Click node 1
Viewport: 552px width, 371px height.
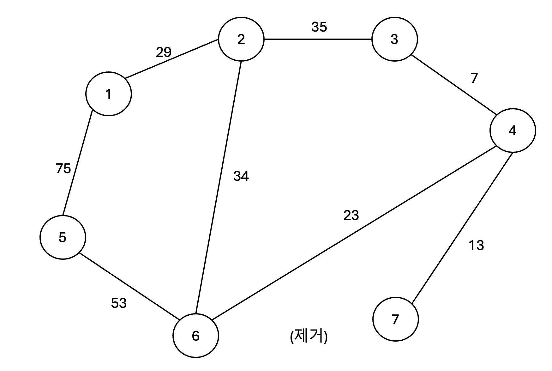[x=108, y=94]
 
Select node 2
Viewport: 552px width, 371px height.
[x=241, y=40]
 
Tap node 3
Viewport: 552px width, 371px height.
[x=394, y=40]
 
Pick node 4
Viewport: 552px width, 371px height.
[x=513, y=130]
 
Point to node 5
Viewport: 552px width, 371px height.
[x=63, y=237]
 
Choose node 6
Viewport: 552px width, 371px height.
[x=195, y=336]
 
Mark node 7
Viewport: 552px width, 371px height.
[x=395, y=319]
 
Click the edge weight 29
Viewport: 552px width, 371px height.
[x=164, y=52]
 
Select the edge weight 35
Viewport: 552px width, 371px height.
[x=319, y=27]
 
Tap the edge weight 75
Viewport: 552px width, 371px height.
[x=63, y=168]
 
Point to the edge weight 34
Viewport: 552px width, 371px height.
[x=241, y=176]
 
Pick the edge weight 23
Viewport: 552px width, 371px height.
[x=351, y=216]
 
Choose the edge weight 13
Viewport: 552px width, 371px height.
[x=476, y=246]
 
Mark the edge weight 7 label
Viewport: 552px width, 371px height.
[x=474, y=78]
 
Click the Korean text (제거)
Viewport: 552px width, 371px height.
[x=309, y=337]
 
